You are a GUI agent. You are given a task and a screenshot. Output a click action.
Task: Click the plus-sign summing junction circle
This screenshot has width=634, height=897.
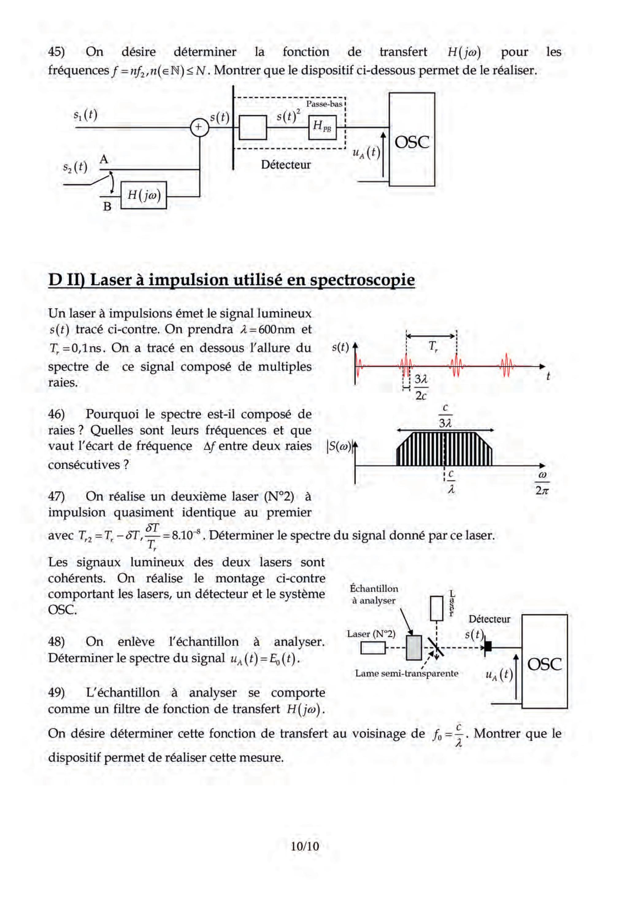[x=199, y=127]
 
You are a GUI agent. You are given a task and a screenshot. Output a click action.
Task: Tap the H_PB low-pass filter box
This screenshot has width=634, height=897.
[x=322, y=127]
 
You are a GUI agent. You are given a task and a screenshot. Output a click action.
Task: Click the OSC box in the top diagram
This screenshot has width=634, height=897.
[x=412, y=140]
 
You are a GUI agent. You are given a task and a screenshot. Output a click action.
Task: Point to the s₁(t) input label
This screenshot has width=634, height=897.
[x=85, y=114]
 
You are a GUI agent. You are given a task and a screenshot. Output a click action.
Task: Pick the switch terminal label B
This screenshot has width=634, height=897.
[x=107, y=206]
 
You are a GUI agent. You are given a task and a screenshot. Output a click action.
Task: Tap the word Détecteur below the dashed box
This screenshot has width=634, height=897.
[x=286, y=165]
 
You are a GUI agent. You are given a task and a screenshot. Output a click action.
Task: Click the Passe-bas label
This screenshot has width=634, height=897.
[x=324, y=104]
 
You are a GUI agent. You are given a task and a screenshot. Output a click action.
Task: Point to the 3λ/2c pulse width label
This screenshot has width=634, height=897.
[x=421, y=387]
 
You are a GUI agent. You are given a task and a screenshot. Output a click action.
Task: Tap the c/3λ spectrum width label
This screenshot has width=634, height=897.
[x=445, y=416]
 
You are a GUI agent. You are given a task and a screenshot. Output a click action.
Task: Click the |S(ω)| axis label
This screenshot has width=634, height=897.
[x=339, y=446]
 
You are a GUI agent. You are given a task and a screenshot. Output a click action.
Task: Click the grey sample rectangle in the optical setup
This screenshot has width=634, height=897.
[x=414, y=648]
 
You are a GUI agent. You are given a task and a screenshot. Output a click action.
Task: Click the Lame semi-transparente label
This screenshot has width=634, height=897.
[x=406, y=673]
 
